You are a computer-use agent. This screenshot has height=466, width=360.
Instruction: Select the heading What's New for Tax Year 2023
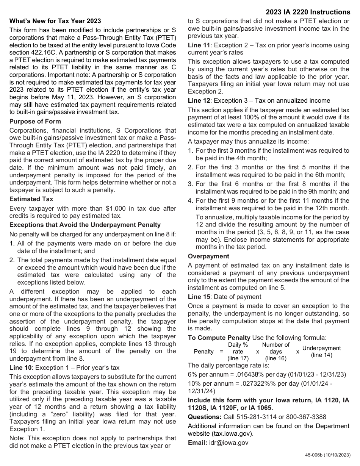[x=55, y=21]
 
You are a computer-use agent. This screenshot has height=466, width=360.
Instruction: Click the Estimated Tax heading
[x=31, y=199]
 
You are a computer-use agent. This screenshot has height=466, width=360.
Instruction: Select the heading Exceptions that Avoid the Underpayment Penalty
[x=85, y=225]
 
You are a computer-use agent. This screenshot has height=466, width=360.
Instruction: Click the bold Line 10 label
[x=20, y=367]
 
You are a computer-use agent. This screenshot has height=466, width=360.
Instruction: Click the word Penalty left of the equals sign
[x=204, y=352]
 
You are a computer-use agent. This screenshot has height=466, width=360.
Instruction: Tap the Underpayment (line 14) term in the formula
[x=321, y=352]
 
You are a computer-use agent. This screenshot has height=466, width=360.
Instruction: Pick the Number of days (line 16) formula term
[x=275, y=352]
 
